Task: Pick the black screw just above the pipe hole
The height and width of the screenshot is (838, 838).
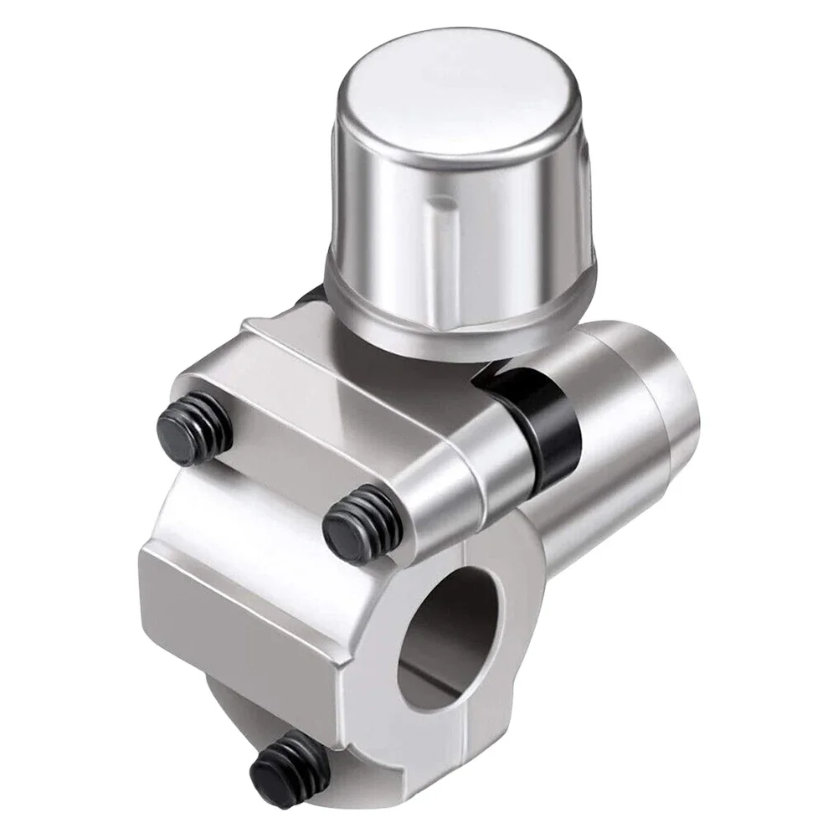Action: (x=356, y=520)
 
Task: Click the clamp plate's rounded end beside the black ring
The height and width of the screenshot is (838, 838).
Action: (x=469, y=469)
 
